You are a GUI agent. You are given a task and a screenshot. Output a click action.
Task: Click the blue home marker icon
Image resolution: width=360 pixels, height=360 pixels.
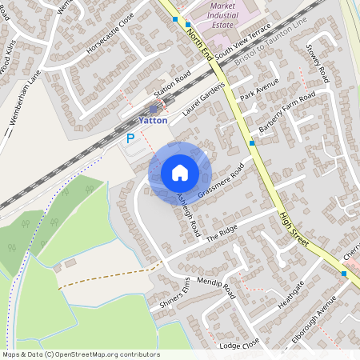pos(180,173)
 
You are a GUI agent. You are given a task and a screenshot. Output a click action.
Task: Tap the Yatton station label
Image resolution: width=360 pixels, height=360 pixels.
pos(153,120)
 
